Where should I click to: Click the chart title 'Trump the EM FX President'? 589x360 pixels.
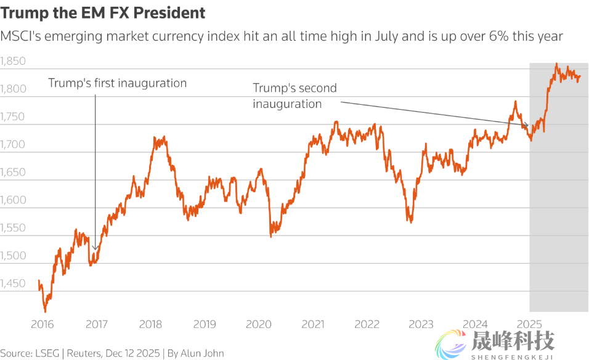click(103, 12)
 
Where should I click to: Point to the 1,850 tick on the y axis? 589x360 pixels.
click(13, 62)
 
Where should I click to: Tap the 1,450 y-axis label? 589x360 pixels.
click(13, 284)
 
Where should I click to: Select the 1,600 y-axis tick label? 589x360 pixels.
click(13, 200)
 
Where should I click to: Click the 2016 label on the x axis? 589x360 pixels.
click(41, 324)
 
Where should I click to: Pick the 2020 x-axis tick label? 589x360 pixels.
click(259, 324)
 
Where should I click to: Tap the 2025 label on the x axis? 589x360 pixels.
click(529, 324)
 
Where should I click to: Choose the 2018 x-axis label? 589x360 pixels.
click(150, 324)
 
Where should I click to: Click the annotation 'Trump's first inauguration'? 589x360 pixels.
click(117, 83)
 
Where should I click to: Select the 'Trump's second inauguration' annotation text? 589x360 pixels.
click(294, 96)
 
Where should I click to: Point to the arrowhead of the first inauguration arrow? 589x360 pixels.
click(95, 250)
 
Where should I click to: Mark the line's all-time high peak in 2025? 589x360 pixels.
click(556, 64)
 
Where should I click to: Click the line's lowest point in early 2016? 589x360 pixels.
click(45, 311)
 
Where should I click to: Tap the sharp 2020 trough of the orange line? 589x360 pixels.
click(271, 236)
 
